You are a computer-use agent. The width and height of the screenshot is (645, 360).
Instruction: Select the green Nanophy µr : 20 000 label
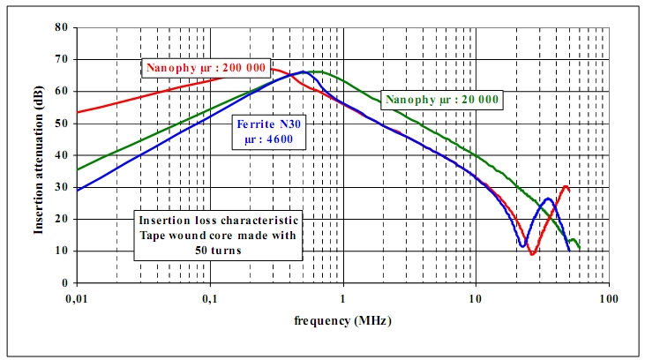click(x=441, y=100)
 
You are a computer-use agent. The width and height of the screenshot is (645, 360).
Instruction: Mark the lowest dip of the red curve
click(x=533, y=254)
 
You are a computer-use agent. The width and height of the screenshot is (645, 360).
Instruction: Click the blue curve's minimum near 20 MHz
click(x=523, y=245)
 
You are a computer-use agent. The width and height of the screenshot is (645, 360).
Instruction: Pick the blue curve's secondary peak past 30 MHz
click(x=549, y=199)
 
